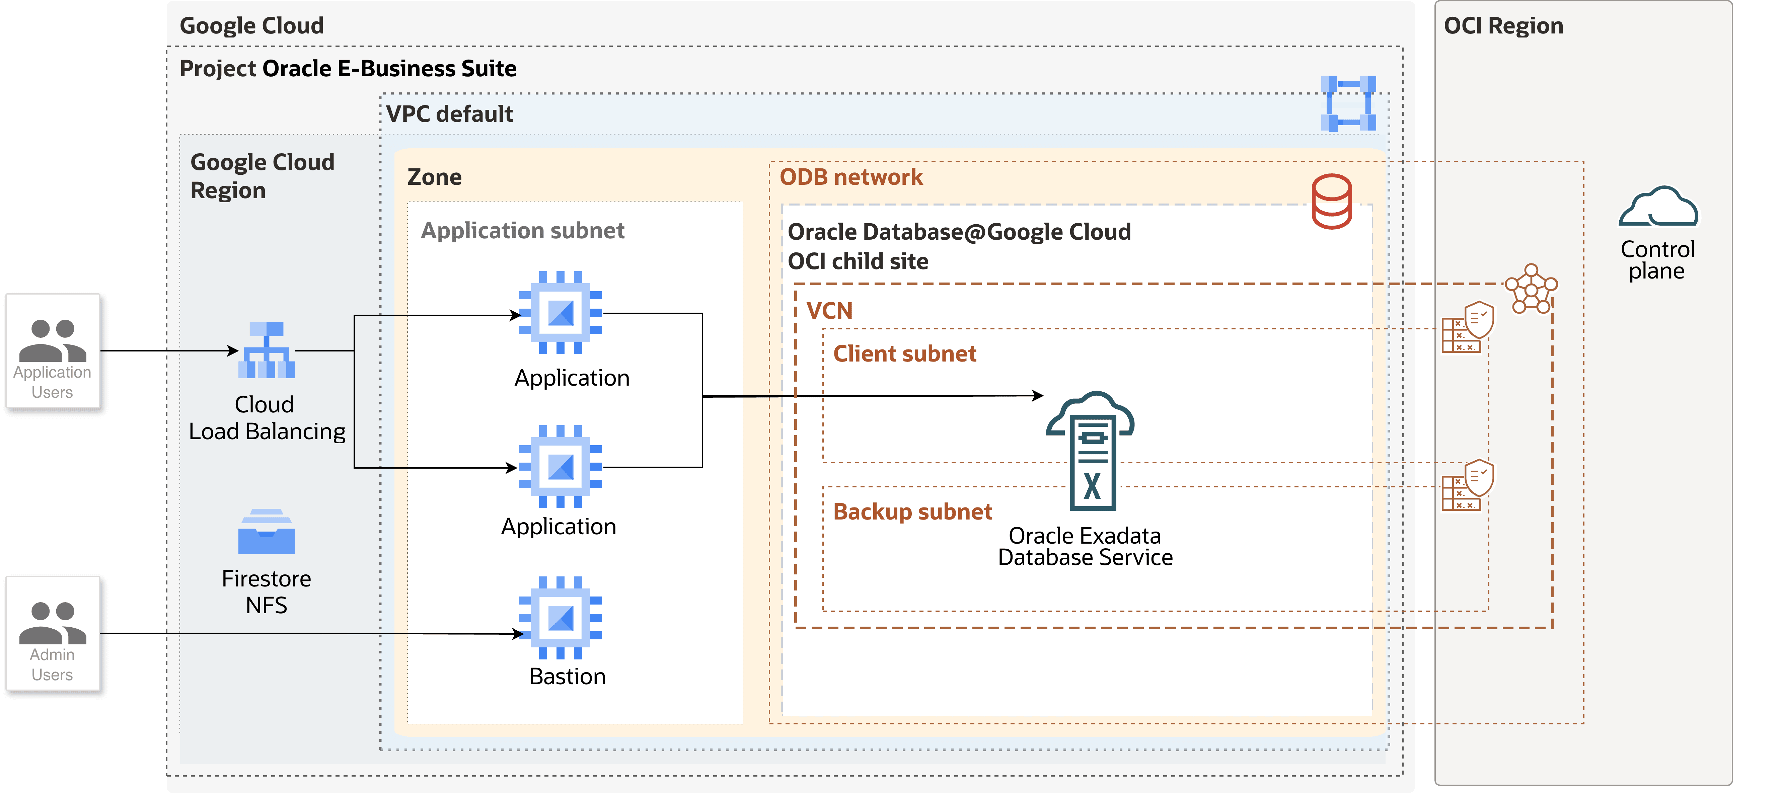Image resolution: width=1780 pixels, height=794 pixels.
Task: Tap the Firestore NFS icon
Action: coord(266,532)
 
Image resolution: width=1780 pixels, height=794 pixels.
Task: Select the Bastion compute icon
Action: coord(561,617)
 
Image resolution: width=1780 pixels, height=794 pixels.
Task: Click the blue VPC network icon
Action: coord(1348,104)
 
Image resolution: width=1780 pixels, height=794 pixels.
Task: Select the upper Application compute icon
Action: coord(561,312)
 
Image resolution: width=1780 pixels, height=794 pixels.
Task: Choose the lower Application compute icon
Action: coord(561,466)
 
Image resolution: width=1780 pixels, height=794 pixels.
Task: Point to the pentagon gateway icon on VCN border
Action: coord(1531,289)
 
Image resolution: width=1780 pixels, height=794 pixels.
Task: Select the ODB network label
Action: coord(850,177)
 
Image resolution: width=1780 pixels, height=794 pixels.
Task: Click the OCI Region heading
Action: coord(1503,25)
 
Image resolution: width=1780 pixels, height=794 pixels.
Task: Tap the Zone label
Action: coord(434,177)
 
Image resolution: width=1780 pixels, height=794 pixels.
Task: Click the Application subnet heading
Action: coord(522,230)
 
